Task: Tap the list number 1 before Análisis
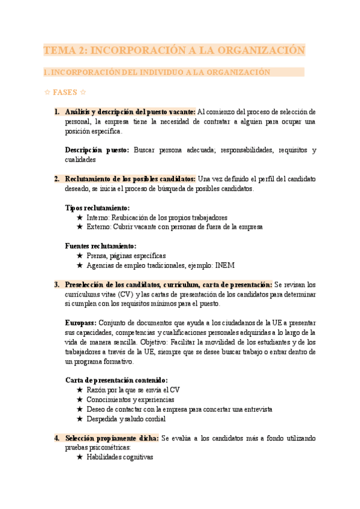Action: click(x=56, y=112)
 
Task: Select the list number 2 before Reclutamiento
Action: click(x=56, y=179)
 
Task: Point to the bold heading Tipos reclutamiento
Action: click(x=97, y=208)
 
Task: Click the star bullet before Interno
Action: click(x=80, y=217)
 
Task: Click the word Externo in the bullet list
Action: click(x=100, y=227)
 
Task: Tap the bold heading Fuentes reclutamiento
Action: click(x=100, y=246)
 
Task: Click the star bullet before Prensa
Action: click(x=80, y=256)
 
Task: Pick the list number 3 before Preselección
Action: click(x=56, y=285)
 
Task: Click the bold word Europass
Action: click(x=81, y=323)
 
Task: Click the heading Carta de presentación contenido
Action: click(x=116, y=381)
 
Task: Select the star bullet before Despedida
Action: click(x=80, y=419)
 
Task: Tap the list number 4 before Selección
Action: click(x=56, y=438)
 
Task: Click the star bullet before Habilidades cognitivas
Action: click(x=80, y=457)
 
